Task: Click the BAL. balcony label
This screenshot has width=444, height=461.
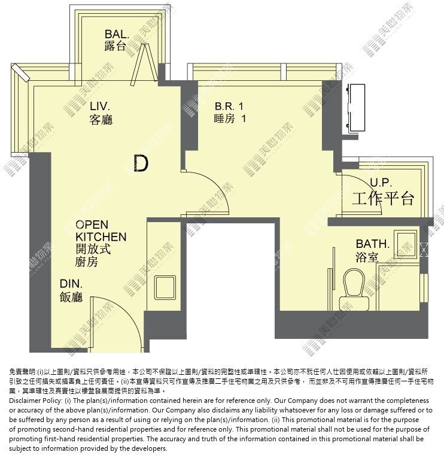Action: (117, 34)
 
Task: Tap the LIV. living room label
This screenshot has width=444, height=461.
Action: (100, 106)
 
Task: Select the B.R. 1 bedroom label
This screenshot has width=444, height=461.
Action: (229, 106)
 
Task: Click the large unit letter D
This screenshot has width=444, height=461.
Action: (141, 163)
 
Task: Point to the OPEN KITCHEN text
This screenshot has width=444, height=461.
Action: (101, 230)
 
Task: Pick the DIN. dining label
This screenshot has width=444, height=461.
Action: (71, 284)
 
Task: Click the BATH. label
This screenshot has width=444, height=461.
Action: (373, 244)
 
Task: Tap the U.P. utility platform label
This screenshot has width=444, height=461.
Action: (381, 183)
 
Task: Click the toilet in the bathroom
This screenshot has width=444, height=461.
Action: (354, 289)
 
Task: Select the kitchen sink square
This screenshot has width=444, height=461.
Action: (165, 287)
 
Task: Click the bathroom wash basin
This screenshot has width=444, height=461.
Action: (406, 244)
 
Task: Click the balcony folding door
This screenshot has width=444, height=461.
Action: (144, 63)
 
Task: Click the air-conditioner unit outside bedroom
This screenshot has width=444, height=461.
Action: (356, 108)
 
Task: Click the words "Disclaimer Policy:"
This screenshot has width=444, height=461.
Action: (35, 401)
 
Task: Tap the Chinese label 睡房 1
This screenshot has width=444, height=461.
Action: (230, 119)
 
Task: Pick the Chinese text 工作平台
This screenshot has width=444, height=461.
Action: (383, 198)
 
